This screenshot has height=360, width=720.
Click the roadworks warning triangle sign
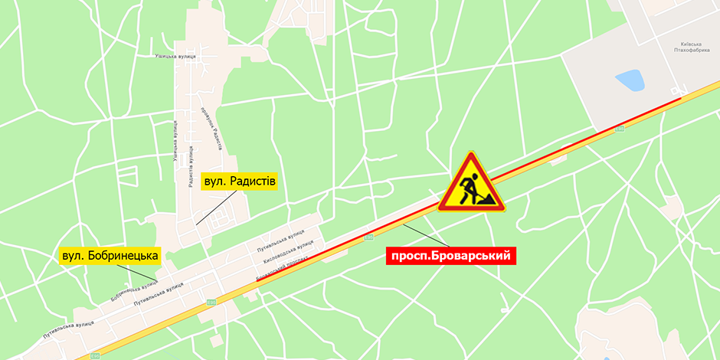pyautogui.click(x=471, y=184)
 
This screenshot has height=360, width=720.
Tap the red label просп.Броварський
pyautogui.click(x=450, y=256)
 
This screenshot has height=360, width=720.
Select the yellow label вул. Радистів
pyautogui.click(x=238, y=182)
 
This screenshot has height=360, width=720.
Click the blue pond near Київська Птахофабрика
pyautogui.click(x=630, y=80)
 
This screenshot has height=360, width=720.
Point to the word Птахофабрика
pyautogui.click(x=693, y=51)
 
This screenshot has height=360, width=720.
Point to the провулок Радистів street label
pyautogui.click(x=214, y=127)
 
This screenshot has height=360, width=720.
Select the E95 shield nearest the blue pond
pyautogui.click(x=620, y=129)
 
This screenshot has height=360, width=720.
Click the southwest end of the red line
pyautogui.click(x=256, y=282)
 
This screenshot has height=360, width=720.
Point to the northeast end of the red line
pyautogui.click(x=680, y=100)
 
